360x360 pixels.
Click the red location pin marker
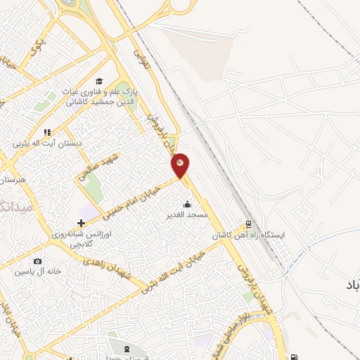click(x=181, y=164)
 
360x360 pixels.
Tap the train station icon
click(x=247, y=226)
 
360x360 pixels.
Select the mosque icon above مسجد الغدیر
click(x=186, y=205)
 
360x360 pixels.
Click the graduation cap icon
click(x=99, y=81)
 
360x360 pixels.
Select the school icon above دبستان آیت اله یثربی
click(x=47, y=132)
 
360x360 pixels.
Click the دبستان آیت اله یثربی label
click(x=47, y=143)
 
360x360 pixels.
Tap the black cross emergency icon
click(x=82, y=224)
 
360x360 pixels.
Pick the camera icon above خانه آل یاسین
click(x=37, y=262)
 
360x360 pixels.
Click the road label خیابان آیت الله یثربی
click(x=172, y=270)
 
